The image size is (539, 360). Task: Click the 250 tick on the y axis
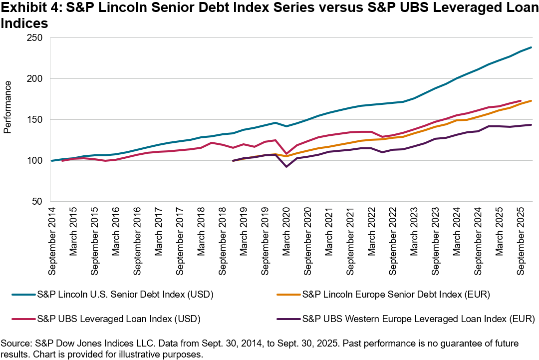point(35,38)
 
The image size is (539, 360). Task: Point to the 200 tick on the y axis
point(35,79)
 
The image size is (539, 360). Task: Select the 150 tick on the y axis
point(35,120)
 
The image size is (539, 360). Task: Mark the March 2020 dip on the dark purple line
point(286,166)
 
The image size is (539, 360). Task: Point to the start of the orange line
point(233,161)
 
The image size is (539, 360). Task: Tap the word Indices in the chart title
point(24,23)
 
